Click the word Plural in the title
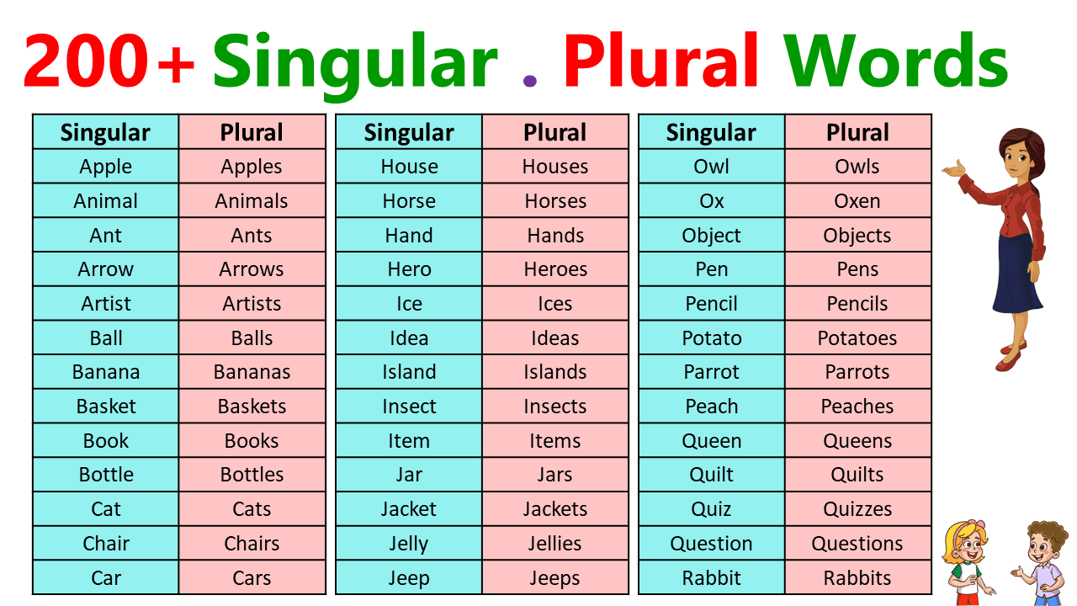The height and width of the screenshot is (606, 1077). pos(661,61)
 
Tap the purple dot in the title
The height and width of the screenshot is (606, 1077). pos(529,81)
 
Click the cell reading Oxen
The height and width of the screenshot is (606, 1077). pos(857,201)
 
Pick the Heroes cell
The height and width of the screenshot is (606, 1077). pos(555,269)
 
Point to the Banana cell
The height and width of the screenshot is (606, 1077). pos(106,372)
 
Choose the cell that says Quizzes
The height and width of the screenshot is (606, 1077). pos(857,509)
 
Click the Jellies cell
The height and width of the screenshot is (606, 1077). pos(555,544)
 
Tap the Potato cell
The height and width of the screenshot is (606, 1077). pos(712,338)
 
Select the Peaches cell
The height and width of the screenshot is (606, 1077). pos(857,407)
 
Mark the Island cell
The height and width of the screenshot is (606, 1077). pos(409,372)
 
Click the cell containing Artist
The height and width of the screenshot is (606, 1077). pos(106,304)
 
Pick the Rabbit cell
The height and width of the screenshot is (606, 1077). pos(712,578)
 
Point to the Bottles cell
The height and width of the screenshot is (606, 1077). pos(252,475)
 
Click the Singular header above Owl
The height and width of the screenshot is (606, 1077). pos(712,132)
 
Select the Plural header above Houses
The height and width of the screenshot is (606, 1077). pos(555,132)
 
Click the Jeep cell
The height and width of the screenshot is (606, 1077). pos(409,578)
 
